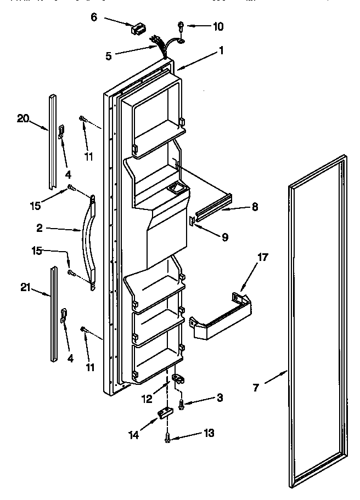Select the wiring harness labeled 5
click(x=161, y=45)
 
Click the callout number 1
click(x=221, y=51)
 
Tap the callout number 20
click(x=21, y=118)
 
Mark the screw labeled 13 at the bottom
click(x=168, y=437)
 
